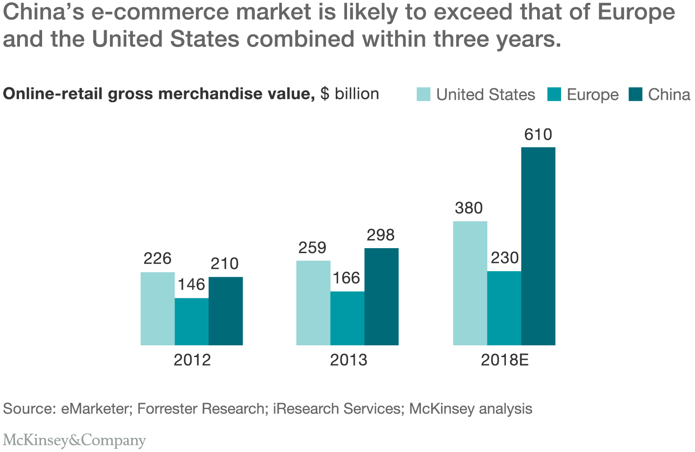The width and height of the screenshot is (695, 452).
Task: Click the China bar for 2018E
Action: tap(538, 246)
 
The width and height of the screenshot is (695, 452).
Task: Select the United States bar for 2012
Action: tap(157, 309)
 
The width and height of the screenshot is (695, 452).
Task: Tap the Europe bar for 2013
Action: tap(347, 318)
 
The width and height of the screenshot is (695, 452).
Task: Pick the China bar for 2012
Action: tap(225, 311)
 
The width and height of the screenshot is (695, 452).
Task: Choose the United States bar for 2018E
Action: tap(470, 283)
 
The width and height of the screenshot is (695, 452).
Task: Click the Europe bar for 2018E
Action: tap(504, 308)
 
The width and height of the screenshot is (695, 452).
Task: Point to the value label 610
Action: tap(538, 135)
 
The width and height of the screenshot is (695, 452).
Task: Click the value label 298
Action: tap(381, 235)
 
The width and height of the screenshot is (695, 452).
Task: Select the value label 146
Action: tap(191, 284)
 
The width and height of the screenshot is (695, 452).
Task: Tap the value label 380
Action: tap(469, 208)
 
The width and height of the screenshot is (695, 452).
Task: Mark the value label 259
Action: tap(312, 248)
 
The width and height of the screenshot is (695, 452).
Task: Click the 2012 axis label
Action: tap(192, 360)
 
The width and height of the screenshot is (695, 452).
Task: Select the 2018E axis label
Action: tap(505, 360)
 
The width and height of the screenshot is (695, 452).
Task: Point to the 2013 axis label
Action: tap(348, 360)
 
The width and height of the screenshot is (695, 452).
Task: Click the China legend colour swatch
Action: tap(635, 94)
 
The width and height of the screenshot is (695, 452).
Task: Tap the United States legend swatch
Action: tap(424, 94)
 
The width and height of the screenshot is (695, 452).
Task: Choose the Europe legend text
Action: tap(592, 95)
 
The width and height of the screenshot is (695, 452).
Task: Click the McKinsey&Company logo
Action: tap(74, 440)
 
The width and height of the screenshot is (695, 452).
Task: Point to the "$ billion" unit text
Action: tap(349, 94)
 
